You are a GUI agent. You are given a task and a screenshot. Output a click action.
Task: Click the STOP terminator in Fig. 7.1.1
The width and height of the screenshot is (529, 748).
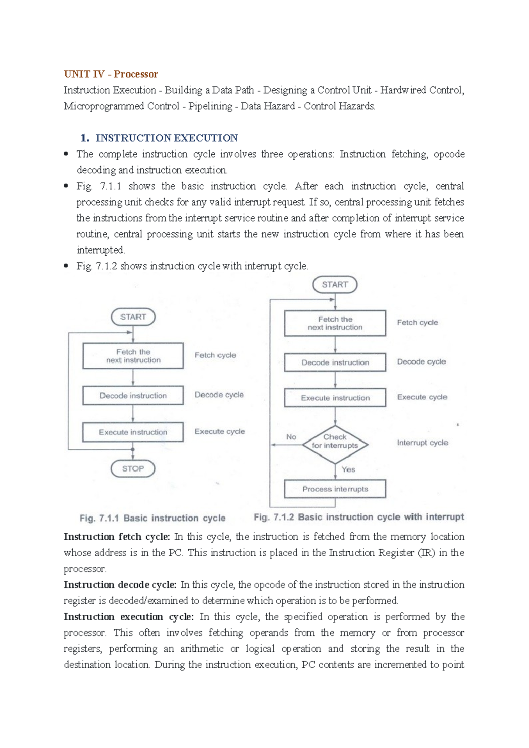(133, 468)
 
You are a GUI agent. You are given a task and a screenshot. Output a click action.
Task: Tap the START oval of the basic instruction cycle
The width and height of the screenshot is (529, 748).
(133, 317)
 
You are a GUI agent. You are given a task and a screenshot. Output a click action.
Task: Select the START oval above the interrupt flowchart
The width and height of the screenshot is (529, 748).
(335, 284)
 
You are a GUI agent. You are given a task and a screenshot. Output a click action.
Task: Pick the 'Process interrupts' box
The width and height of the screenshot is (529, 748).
(335, 489)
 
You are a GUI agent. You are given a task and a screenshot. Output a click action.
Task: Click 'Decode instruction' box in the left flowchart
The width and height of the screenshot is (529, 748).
(133, 396)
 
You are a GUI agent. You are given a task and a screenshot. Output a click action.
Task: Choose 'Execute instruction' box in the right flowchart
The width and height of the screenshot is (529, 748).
(335, 397)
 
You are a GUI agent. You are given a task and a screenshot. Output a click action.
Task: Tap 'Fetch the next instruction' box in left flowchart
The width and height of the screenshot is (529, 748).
(133, 355)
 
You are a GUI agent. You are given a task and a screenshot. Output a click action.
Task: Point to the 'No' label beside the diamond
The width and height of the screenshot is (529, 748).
(291, 437)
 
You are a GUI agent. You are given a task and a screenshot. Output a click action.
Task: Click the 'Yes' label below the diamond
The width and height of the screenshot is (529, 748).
(348, 469)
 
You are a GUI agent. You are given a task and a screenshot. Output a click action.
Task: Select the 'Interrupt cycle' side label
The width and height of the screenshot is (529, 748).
(422, 442)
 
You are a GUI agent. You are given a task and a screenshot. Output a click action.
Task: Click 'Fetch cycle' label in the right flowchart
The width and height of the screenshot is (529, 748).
(417, 322)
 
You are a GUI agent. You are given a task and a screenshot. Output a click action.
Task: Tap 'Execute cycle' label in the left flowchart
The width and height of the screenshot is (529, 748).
(220, 431)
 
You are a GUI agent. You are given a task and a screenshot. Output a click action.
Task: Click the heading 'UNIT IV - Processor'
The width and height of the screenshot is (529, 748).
(111, 74)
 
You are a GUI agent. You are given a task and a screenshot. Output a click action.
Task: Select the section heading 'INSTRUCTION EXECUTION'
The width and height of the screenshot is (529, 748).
(167, 138)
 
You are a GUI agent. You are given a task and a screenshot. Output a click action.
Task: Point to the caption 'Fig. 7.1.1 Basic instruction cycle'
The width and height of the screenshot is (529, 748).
(152, 518)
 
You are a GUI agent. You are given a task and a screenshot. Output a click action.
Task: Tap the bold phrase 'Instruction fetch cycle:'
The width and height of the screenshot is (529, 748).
(117, 537)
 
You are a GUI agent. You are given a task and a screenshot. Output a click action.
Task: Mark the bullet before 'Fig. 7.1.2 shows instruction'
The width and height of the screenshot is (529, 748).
(66, 266)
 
